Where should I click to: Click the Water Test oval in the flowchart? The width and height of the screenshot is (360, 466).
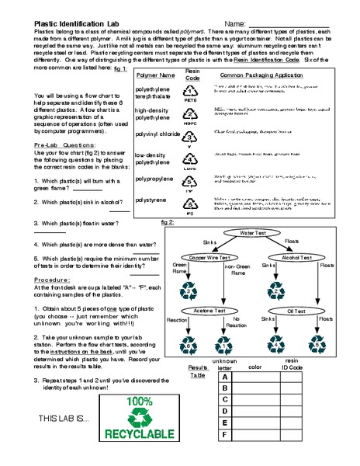(253, 232)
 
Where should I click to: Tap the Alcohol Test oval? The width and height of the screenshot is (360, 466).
(297, 257)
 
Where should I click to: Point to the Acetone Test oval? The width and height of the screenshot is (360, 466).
(209, 310)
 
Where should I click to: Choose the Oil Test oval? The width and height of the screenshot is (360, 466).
(297, 310)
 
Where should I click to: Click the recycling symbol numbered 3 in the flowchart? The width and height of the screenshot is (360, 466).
(189, 290)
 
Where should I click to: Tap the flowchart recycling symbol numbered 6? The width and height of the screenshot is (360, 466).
(189, 343)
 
